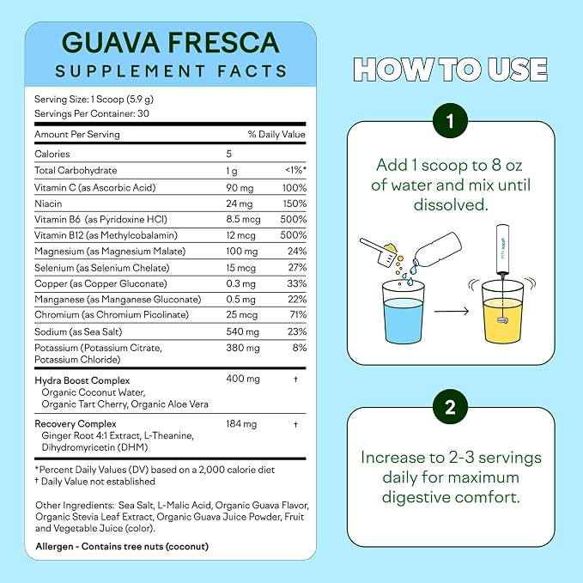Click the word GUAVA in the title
click(x=111, y=42)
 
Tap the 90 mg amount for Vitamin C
click(x=240, y=188)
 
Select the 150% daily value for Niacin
click(x=295, y=203)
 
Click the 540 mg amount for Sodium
click(x=242, y=331)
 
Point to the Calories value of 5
click(x=228, y=154)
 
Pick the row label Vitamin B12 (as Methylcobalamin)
click(x=106, y=235)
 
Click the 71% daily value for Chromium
click(x=298, y=314)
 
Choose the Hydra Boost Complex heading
click(x=82, y=380)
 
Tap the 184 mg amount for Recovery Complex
click(x=241, y=424)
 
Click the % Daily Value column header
click(x=276, y=134)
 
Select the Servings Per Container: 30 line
click(x=92, y=113)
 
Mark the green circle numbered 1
click(x=450, y=121)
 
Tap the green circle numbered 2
click(x=450, y=407)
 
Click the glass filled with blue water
click(x=404, y=313)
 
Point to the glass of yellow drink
click(x=502, y=313)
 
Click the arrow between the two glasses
click(x=452, y=311)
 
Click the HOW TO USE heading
click(x=450, y=70)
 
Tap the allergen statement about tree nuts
click(x=122, y=546)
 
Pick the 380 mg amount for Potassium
click(x=242, y=348)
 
